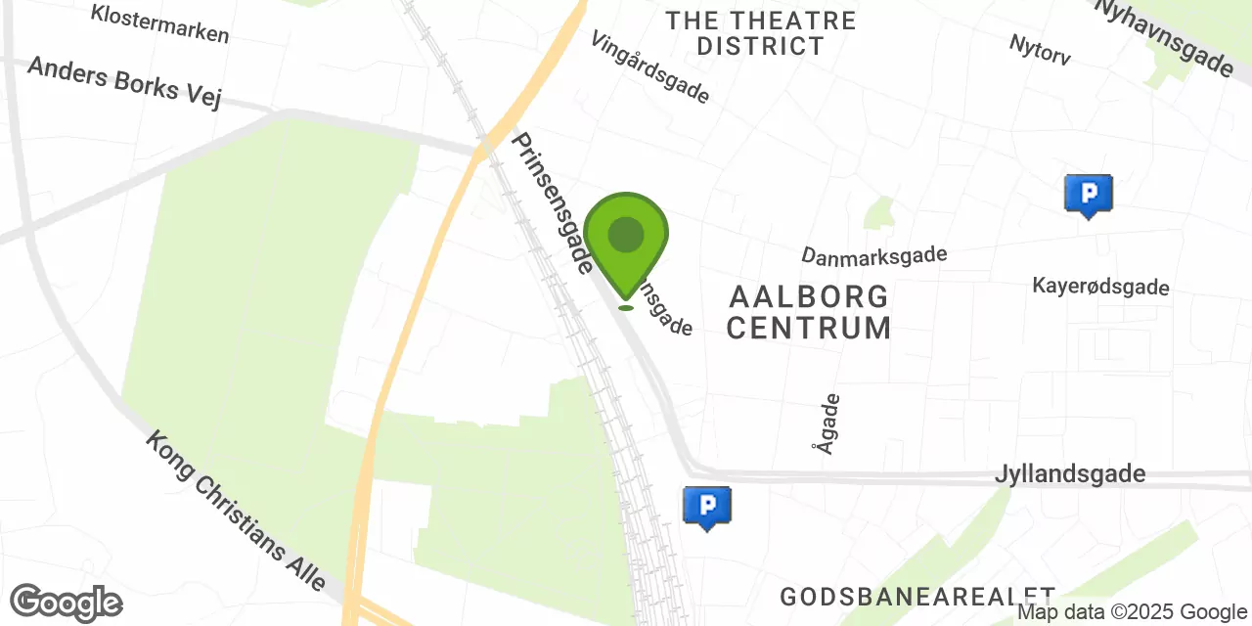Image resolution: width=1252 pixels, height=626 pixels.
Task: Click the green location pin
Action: pyautogui.click(x=626, y=240)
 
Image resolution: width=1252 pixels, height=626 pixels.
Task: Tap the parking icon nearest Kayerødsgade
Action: pyautogui.click(x=1088, y=195)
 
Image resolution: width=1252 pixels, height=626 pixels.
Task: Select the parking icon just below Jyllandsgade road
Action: pyautogui.click(x=706, y=507)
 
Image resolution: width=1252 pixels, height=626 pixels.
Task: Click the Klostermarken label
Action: pyautogui.click(x=159, y=23)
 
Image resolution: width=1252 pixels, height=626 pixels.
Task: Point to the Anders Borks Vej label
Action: pyautogui.click(x=124, y=82)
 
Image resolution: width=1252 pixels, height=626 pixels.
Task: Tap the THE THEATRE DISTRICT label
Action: pyautogui.click(x=760, y=33)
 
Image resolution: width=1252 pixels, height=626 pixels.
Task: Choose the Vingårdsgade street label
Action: pyautogui.click(x=650, y=67)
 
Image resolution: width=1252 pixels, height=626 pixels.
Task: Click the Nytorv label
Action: pyautogui.click(x=1039, y=49)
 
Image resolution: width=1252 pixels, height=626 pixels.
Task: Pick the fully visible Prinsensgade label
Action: pyautogui.click(x=552, y=202)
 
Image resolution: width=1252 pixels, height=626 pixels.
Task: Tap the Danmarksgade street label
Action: pyautogui.click(x=873, y=255)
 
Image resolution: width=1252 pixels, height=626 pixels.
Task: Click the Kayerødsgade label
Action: pyautogui.click(x=1100, y=287)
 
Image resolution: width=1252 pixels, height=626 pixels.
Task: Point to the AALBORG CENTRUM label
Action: pyautogui.click(x=808, y=311)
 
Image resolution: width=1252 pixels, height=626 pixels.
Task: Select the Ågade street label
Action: pyautogui.click(x=826, y=423)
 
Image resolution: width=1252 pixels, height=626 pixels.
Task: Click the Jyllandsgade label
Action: pyautogui.click(x=1069, y=474)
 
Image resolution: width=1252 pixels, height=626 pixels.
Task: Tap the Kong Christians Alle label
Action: pyautogui.click(x=236, y=511)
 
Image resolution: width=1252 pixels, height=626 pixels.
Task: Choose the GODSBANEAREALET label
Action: pyautogui.click(x=917, y=596)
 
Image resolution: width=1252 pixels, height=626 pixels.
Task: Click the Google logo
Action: pyautogui.click(x=67, y=603)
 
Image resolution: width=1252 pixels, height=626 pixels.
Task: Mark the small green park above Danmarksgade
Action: pyautogui.click(x=879, y=213)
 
